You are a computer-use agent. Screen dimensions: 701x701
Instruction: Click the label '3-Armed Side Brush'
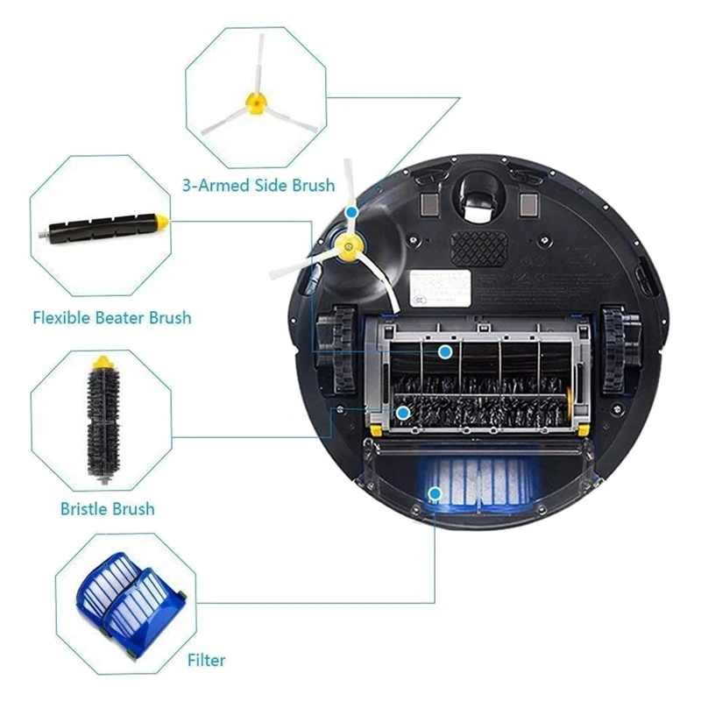tap(258, 185)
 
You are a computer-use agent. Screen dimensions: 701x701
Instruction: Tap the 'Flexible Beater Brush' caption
tap(111, 317)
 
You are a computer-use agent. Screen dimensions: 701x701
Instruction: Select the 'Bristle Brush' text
tap(107, 508)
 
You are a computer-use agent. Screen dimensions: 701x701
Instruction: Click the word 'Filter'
tap(206, 660)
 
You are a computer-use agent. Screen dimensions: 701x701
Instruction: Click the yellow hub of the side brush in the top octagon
tap(255, 103)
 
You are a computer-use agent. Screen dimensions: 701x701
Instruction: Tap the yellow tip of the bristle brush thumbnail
tap(103, 360)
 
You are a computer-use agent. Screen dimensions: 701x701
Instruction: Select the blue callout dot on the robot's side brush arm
tap(351, 212)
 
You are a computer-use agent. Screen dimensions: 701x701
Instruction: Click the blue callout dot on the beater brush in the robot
tap(445, 351)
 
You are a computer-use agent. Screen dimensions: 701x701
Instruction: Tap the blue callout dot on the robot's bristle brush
tap(402, 412)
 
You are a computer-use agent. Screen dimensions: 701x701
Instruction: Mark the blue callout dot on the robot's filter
tap(434, 494)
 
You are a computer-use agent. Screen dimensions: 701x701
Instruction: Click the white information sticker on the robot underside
tap(443, 287)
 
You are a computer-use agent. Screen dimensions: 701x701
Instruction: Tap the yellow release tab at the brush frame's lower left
tap(376, 428)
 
